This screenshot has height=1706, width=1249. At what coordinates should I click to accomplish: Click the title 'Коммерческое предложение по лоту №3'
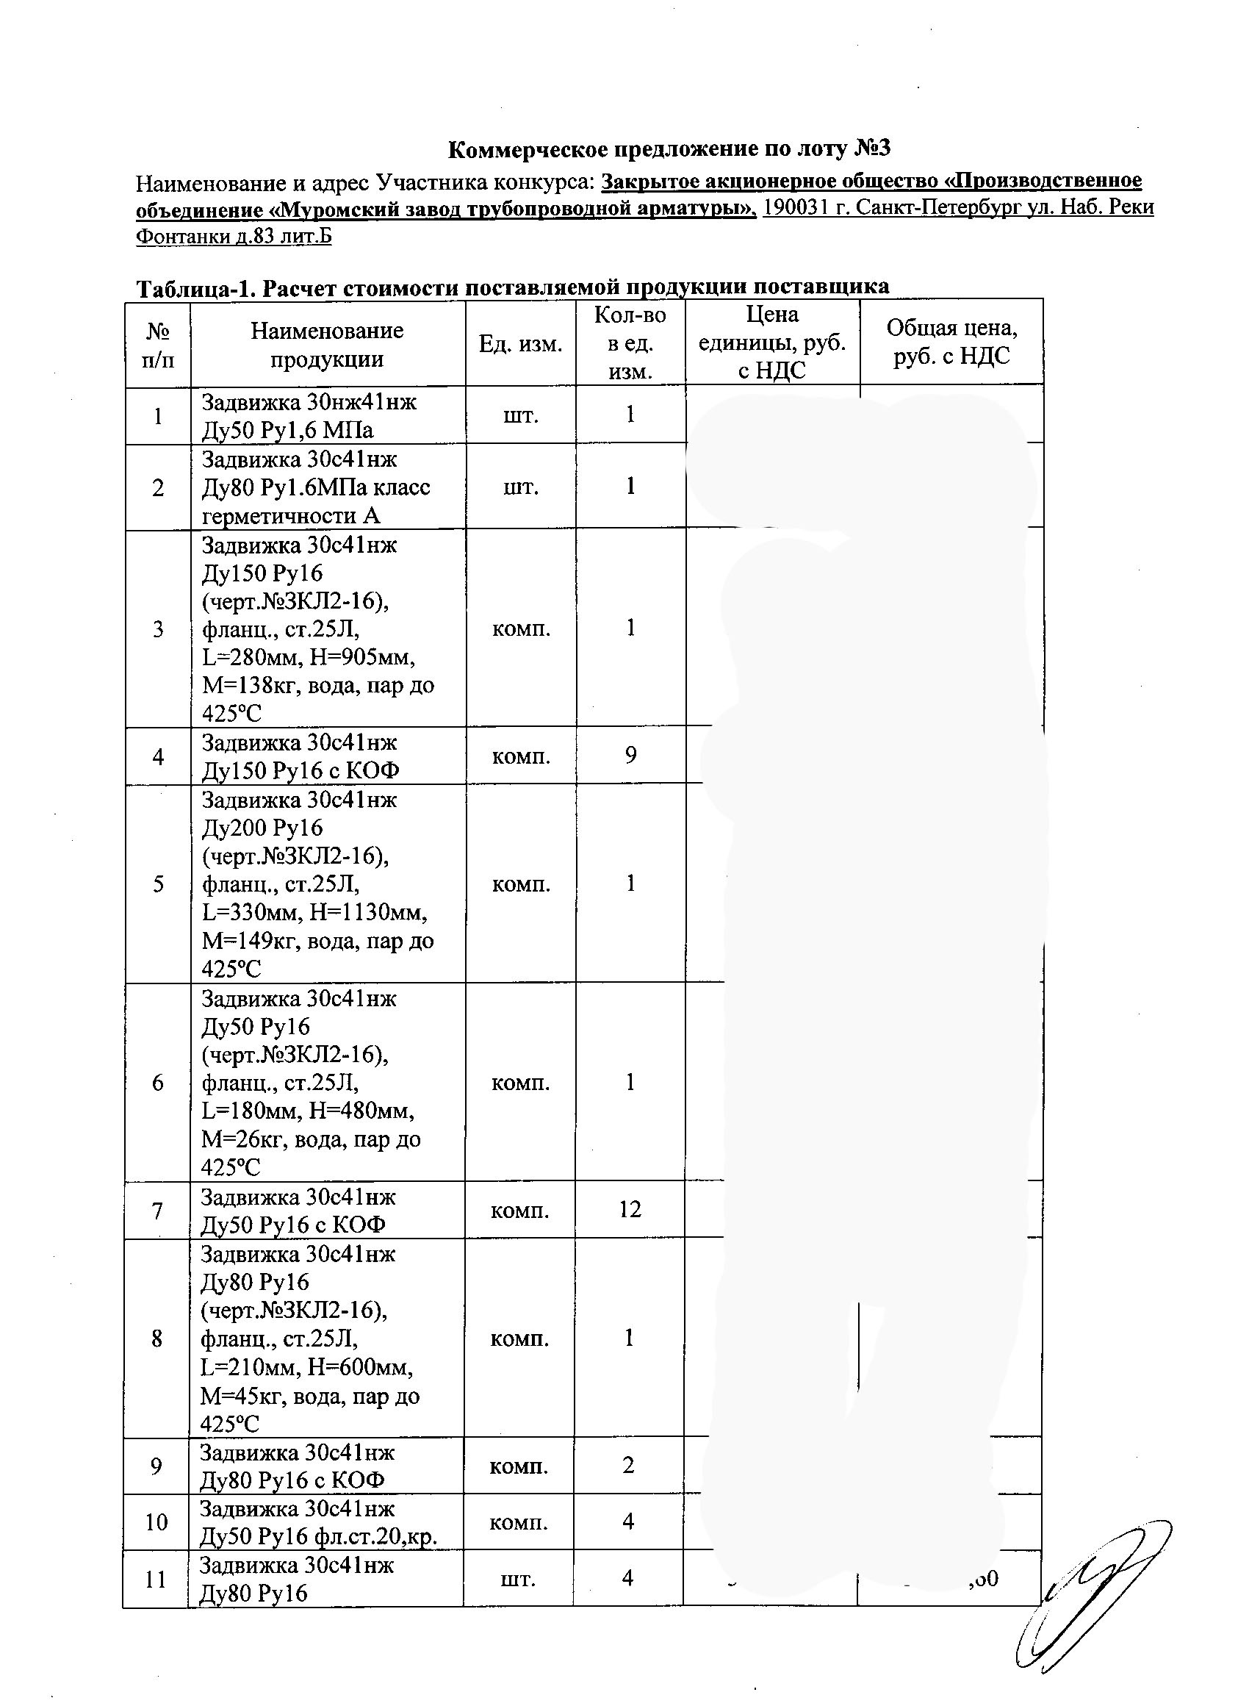point(669,149)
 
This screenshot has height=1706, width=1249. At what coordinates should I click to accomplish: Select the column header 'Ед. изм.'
point(520,345)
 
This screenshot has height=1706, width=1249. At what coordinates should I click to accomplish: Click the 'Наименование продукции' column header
point(328,344)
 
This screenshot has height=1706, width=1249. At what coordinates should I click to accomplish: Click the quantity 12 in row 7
point(630,1210)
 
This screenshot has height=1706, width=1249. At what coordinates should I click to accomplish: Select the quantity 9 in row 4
point(630,756)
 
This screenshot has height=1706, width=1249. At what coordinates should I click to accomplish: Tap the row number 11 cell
point(156,1579)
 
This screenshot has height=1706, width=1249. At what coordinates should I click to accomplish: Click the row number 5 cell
point(157,884)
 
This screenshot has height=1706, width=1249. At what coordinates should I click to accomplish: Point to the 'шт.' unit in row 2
point(520,487)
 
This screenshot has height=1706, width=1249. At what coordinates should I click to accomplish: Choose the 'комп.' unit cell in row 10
point(519,1522)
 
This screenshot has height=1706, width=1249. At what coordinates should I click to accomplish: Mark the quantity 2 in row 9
point(628,1466)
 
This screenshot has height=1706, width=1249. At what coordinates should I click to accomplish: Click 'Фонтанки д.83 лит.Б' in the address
point(234,237)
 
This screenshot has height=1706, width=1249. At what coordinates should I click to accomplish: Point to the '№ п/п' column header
point(157,345)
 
